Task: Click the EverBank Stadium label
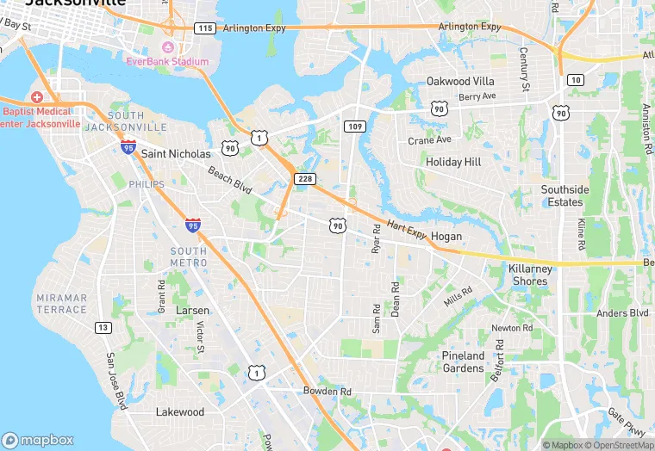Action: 167,61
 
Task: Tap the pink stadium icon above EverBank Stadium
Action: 167,46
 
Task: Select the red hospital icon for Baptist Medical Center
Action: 37,97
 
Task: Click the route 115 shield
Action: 204,28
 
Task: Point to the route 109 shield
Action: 353,126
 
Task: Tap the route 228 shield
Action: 304,178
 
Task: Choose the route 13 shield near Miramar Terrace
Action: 103,327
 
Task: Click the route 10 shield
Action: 575,80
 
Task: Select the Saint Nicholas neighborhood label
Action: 175,153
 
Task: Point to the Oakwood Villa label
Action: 460,81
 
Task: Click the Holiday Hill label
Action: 453,162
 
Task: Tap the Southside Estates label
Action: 565,195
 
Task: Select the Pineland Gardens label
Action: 463,361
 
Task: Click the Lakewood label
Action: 180,412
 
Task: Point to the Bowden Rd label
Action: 327,392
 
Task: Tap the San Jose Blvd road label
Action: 116,380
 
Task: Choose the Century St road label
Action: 524,69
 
